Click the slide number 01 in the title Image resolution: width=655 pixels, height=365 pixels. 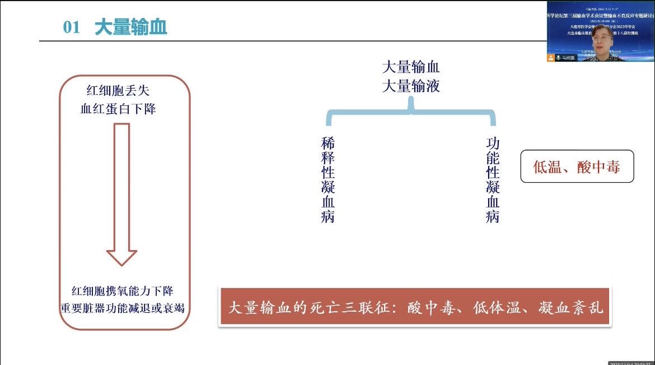point(72,27)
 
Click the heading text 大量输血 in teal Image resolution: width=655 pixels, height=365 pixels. point(131,27)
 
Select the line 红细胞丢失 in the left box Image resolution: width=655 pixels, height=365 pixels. point(118,90)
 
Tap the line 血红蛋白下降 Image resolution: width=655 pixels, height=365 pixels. point(118,109)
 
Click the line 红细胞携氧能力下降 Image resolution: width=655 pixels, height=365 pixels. point(123,292)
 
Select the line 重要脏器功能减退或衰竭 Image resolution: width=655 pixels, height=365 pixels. point(123,308)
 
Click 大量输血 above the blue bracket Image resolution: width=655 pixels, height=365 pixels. point(411,68)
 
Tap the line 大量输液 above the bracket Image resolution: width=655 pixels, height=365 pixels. point(411,86)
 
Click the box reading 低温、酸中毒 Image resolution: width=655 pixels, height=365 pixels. point(577,167)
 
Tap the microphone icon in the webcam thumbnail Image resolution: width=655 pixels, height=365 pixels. point(551,58)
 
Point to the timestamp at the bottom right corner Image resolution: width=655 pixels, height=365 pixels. point(631,362)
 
